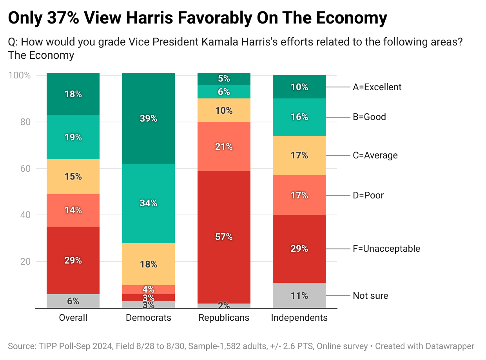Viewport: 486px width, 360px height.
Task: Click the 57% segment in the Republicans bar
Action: pos(224,237)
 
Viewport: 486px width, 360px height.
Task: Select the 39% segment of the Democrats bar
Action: pos(149,118)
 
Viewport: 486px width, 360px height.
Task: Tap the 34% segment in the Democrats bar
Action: pos(149,203)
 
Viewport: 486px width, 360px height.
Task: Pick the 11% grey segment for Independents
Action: pos(299,295)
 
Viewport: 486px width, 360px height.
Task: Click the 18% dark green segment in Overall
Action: pos(73,94)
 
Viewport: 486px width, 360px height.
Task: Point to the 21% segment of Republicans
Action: pos(224,147)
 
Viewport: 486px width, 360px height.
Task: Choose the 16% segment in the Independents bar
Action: pos(299,117)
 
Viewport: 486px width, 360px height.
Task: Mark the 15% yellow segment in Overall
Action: pos(73,176)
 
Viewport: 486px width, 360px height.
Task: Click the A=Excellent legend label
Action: pos(377,87)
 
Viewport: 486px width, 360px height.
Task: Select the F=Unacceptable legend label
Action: pos(386,249)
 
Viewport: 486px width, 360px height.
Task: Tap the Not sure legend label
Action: pos(370,296)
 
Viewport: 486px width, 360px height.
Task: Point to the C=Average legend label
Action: pos(375,156)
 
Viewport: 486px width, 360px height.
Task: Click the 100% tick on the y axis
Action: pos(20,75)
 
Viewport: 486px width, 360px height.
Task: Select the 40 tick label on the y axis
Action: pos(25,215)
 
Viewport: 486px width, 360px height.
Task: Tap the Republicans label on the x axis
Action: pos(224,318)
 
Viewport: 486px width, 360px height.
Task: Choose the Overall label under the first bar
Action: pos(73,318)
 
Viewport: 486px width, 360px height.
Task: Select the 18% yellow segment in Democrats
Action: pos(149,264)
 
